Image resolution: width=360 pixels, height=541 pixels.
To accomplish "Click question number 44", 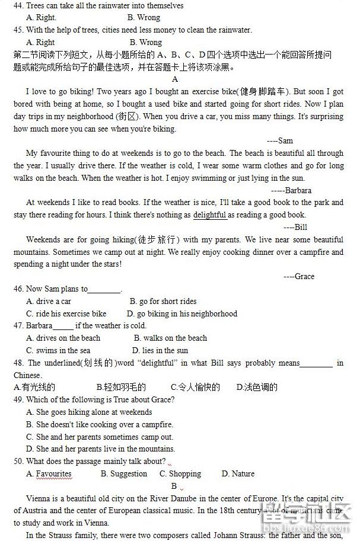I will [20, 5].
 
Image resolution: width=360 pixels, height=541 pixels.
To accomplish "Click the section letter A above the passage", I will [175, 79].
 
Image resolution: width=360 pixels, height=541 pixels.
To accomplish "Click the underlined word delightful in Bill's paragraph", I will [209, 215].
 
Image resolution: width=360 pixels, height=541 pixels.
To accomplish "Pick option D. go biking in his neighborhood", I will [181, 313].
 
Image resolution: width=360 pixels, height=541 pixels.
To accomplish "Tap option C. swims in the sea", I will [58, 350].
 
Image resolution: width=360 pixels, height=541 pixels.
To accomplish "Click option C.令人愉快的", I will [195, 387].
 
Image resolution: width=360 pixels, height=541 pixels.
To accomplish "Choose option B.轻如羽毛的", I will [121, 387].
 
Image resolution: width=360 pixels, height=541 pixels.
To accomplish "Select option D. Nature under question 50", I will [238, 473].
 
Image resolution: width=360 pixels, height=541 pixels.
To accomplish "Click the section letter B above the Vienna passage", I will [174, 486].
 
